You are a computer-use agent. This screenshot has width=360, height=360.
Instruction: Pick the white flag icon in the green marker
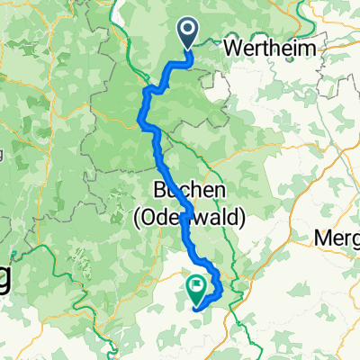click(x=196, y=284)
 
